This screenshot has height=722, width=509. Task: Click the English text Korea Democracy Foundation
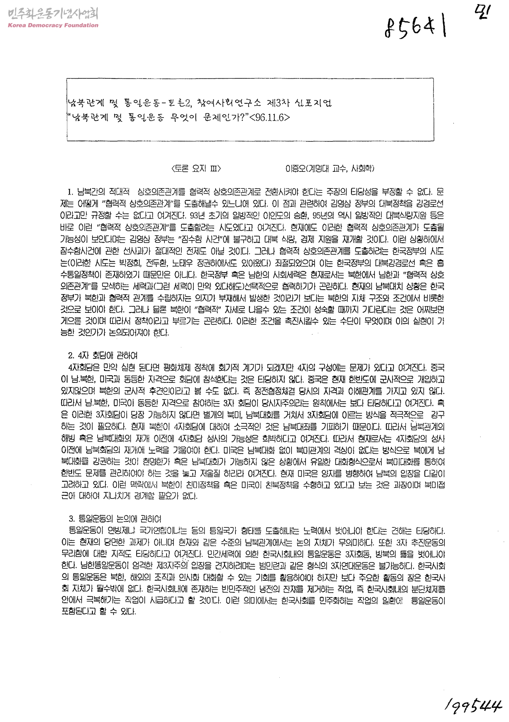(x=53, y=25)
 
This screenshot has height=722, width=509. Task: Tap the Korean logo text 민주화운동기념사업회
(x=53, y=14)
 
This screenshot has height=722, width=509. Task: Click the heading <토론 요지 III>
(x=196, y=169)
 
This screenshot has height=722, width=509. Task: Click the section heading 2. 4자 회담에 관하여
(x=103, y=356)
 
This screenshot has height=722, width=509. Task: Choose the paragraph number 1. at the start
(x=71, y=192)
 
